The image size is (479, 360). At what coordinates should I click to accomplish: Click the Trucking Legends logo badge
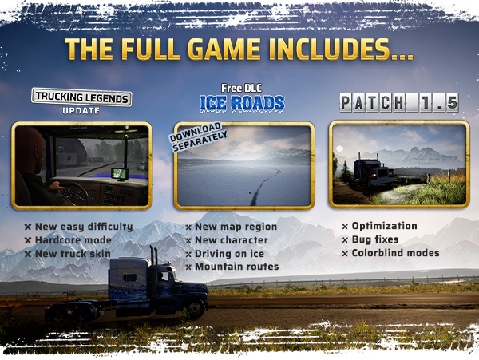click(81, 97)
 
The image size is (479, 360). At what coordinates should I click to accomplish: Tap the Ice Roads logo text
click(242, 103)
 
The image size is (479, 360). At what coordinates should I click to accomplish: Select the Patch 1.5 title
click(399, 103)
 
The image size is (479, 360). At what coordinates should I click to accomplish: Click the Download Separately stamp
click(199, 136)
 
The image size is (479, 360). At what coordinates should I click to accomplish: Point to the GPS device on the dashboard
click(120, 173)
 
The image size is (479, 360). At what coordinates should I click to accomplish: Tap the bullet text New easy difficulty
click(84, 227)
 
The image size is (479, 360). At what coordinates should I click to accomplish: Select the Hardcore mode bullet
click(73, 240)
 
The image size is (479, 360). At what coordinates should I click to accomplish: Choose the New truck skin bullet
click(73, 254)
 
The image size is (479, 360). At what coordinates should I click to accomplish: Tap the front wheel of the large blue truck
click(195, 308)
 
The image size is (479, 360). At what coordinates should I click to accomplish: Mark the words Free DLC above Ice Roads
click(242, 89)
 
